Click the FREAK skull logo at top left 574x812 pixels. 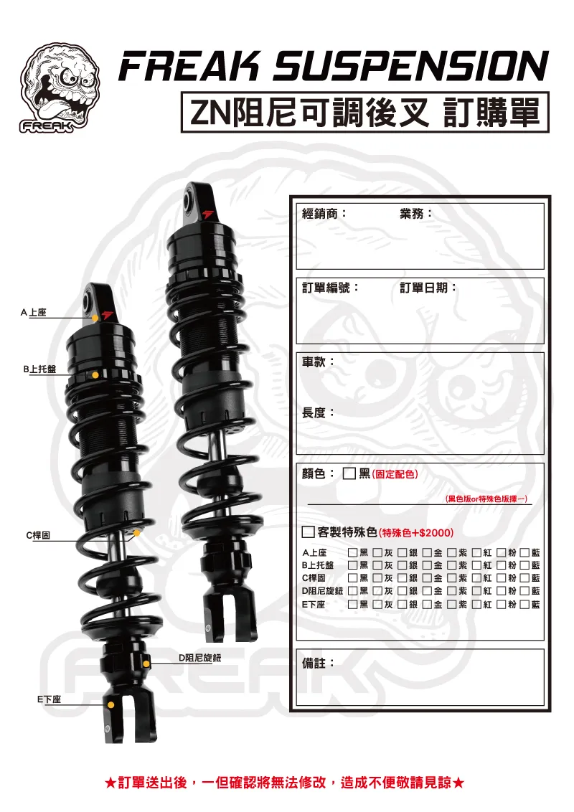(x=60, y=88)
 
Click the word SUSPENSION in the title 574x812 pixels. (x=410, y=66)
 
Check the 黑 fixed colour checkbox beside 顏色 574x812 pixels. (x=349, y=474)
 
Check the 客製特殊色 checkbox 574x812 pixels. (x=309, y=532)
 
